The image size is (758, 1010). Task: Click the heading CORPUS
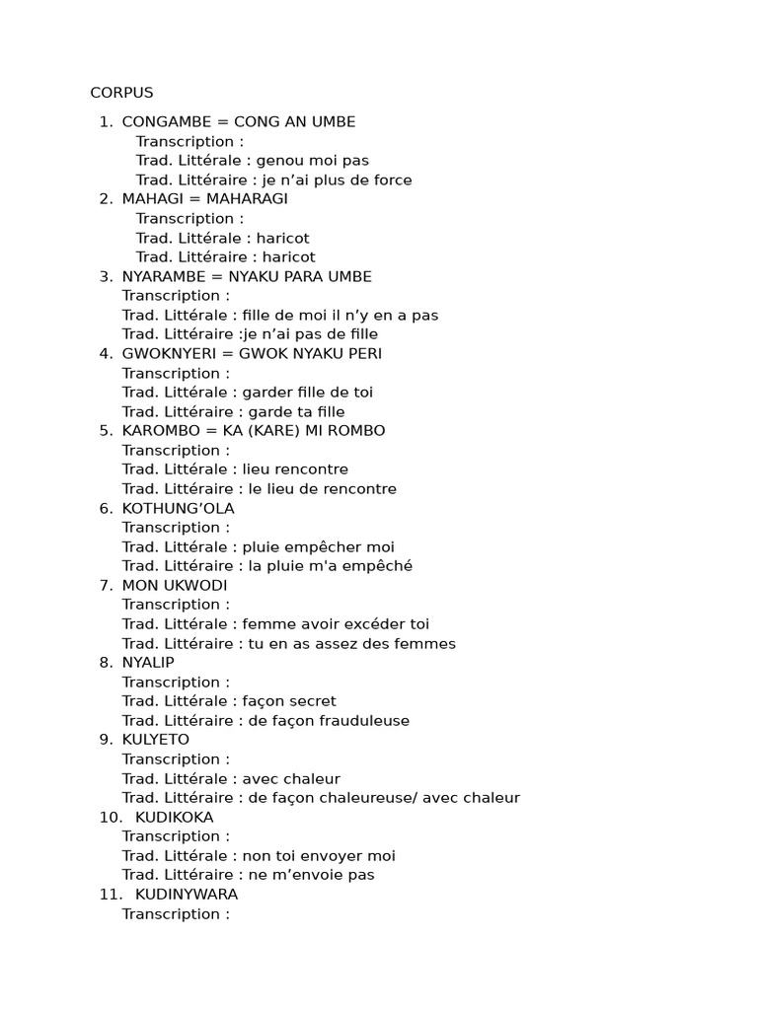click(121, 93)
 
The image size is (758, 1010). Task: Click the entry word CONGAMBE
click(165, 121)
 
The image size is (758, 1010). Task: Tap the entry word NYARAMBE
click(163, 276)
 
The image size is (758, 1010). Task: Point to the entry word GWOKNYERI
click(168, 353)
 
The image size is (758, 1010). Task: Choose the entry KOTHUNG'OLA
click(178, 508)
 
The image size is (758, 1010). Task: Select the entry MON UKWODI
click(175, 585)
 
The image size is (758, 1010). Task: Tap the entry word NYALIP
click(148, 662)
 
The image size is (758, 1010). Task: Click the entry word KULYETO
click(156, 739)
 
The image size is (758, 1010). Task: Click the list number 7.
click(106, 585)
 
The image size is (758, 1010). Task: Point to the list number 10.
click(109, 817)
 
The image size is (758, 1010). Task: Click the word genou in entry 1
click(279, 160)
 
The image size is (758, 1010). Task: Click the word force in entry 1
click(391, 180)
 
